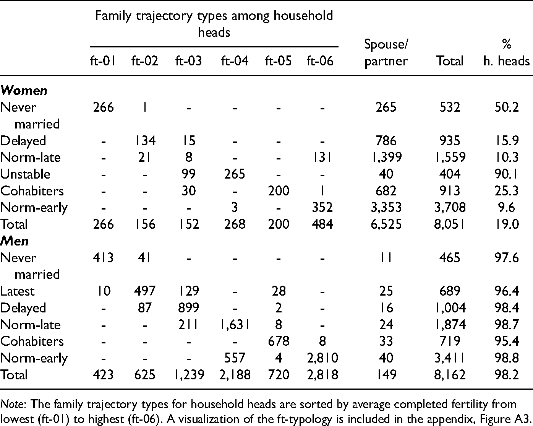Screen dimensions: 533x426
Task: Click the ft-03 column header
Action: coord(188,61)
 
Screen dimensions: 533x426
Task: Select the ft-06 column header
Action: coord(320,61)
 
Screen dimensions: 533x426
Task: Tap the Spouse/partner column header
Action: coord(386,52)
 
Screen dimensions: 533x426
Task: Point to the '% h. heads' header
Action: coord(507,52)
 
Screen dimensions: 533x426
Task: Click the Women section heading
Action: coord(24,91)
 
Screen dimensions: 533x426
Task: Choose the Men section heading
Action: coord(15,241)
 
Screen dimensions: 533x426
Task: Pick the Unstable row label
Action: coord(25,174)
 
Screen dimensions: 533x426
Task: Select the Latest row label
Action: coord(17,291)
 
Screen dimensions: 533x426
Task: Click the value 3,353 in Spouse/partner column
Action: coord(386,208)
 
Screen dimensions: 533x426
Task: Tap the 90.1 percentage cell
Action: coord(507,174)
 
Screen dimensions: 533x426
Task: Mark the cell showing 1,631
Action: coord(235,325)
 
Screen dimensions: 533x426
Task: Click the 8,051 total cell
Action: coord(450,224)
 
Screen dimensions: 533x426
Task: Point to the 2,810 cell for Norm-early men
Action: coord(322,358)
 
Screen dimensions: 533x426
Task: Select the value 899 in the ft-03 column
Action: coord(188,308)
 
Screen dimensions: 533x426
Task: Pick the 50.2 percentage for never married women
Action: coord(507,107)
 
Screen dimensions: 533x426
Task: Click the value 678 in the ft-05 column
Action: coord(279,341)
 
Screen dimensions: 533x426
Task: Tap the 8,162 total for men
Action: coord(450,375)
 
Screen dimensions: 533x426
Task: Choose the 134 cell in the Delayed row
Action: coord(145,141)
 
